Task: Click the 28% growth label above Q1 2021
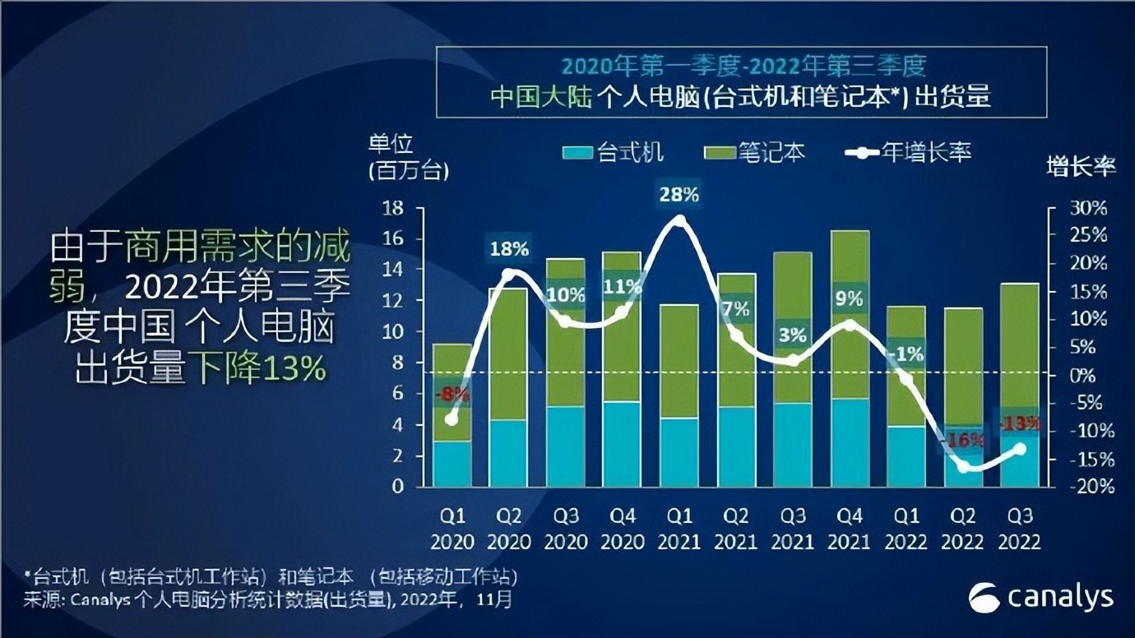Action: (x=679, y=195)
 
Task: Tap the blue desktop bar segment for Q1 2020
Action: (x=452, y=464)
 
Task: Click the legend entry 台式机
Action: (x=614, y=152)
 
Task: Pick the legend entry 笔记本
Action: (x=755, y=152)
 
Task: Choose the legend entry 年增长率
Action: (x=909, y=152)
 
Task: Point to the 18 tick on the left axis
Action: (x=392, y=208)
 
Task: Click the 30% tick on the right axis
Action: (x=1087, y=208)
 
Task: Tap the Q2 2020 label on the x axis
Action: (x=508, y=529)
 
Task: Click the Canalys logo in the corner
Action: (x=1040, y=598)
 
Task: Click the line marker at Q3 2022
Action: (x=1020, y=449)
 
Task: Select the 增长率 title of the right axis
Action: (x=1081, y=167)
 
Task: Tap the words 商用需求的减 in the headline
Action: (x=238, y=246)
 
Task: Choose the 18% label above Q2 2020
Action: (x=509, y=247)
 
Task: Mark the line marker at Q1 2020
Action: (x=452, y=419)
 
